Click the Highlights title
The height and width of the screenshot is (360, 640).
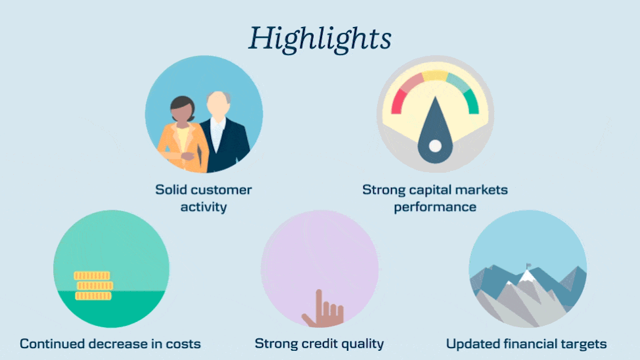[320, 39]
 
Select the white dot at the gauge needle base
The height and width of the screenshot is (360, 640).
[435, 146]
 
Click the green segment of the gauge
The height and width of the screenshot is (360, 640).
[472, 102]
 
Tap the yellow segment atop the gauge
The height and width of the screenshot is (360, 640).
[435, 76]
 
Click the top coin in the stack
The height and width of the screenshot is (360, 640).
[92, 276]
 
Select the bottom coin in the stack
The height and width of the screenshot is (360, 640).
[93, 296]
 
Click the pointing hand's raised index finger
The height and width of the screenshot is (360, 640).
[319, 302]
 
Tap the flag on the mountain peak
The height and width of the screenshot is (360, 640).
[528, 265]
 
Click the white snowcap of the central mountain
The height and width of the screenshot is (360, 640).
[526, 277]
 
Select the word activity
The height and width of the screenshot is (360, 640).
[204, 207]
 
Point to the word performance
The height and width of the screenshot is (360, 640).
[435, 208]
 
